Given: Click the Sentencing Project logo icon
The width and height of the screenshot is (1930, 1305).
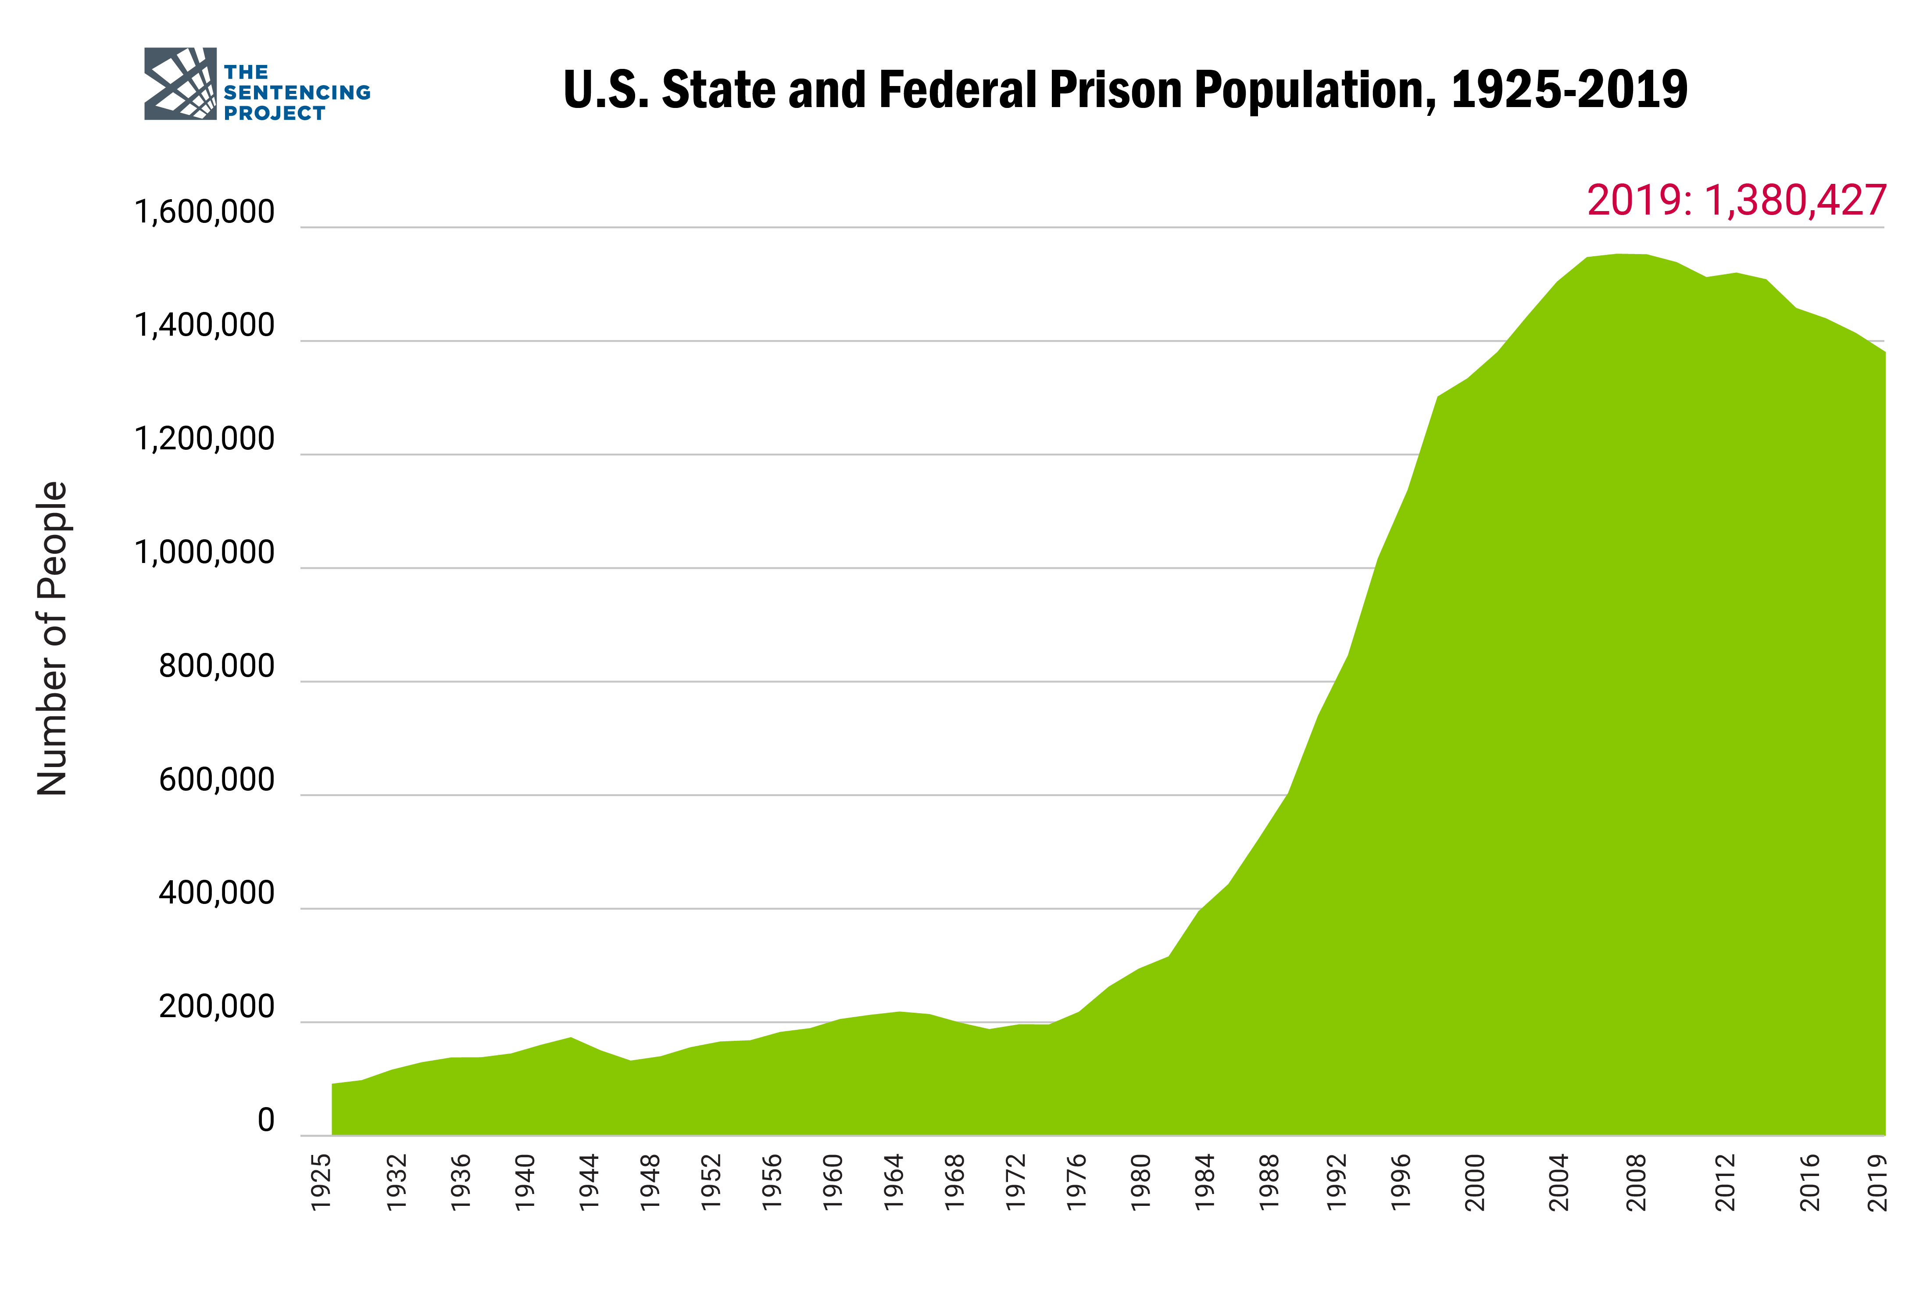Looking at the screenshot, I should click(180, 84).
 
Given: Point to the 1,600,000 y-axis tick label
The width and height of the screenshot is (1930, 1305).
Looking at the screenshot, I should click(204, 213).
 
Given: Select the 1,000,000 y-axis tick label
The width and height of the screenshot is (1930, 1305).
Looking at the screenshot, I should click(204, 553).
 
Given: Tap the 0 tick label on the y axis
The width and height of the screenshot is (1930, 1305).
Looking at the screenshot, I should click(266, 1121).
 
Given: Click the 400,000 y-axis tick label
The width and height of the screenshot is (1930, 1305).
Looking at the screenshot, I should click(217, 894).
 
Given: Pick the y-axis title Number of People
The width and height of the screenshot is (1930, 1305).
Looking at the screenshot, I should click(52, 638).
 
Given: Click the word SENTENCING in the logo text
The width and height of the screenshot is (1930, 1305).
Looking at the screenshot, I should click(297, 92).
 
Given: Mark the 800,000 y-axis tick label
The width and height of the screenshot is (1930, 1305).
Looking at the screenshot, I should click(217, 667).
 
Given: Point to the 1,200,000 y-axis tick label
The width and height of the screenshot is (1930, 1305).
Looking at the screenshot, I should click(204, 439).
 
